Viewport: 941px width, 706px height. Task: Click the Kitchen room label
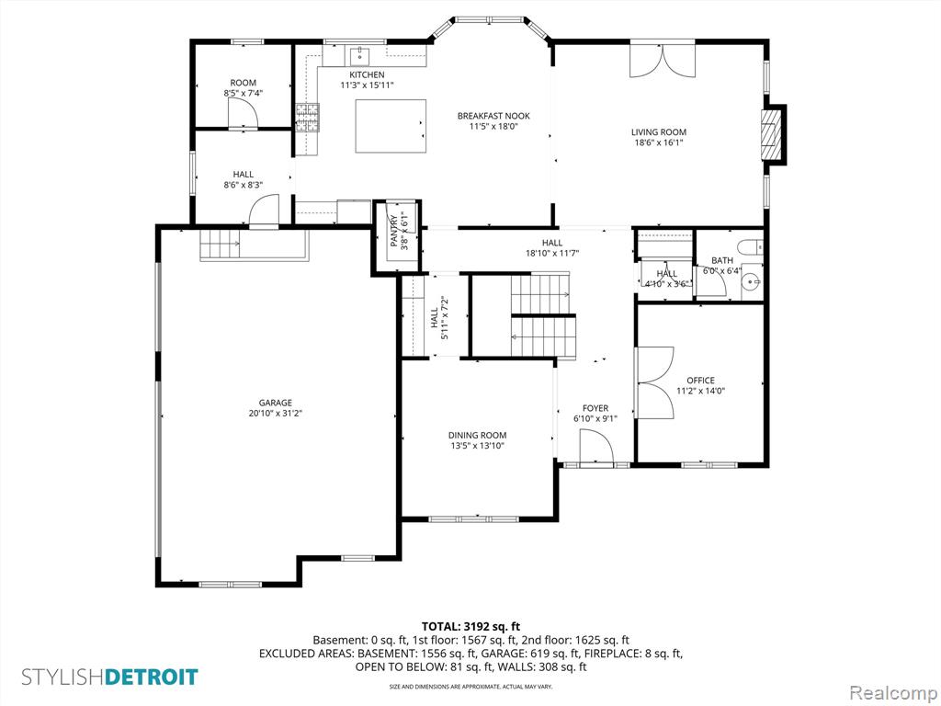pos(367,74)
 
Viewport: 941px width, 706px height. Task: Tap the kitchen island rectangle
pos(391,126)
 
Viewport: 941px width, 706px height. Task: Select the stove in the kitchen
pos(306,116)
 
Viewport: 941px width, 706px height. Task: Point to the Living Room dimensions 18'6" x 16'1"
pos(659,142)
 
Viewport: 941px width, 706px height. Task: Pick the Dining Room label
pos(477,435)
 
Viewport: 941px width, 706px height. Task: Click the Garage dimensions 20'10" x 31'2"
pos(275,414)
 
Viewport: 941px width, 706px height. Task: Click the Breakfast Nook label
pos(493,116)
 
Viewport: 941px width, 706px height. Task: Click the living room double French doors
pos(663,61)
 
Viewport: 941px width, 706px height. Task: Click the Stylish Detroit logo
pos(109,678)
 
